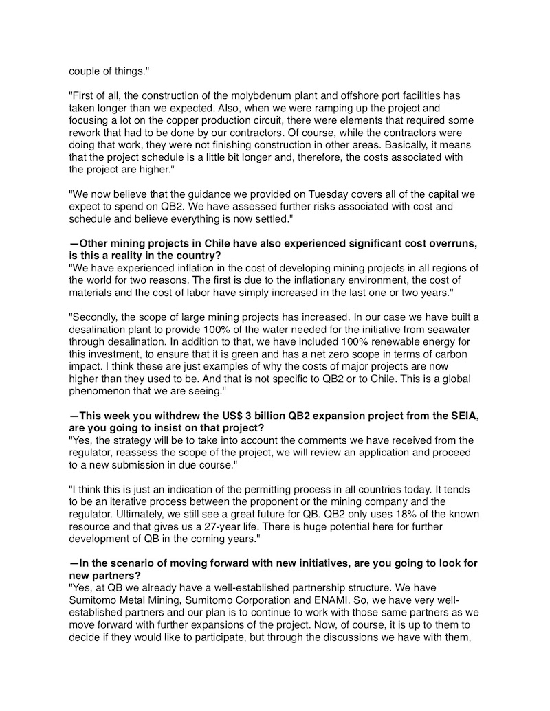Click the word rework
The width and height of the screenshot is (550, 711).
pos(85,132)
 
